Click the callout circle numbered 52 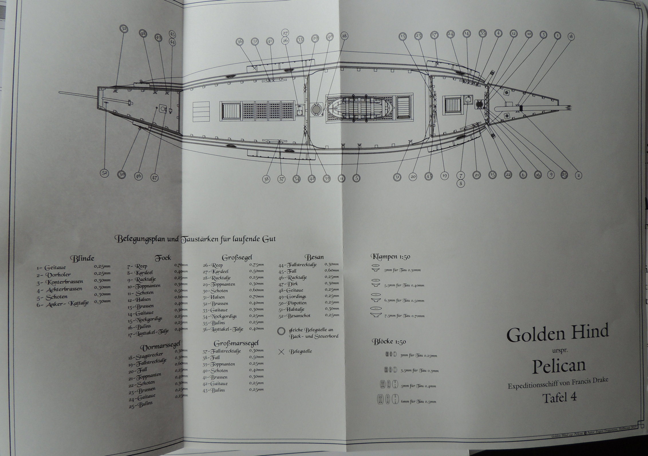(x=105, y=173)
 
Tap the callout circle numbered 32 (x=124, y=29)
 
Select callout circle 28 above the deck (x=344, y=36)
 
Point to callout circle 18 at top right (x=571, y=37)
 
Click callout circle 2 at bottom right (x=578, y=175)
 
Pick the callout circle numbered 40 (x=330, y=37)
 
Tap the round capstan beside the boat (x=316, y=109)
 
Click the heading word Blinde (x=82, y=259)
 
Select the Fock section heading (x=163, y=259)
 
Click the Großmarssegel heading (x=236, y=343)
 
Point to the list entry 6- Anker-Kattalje (x=63, y=304)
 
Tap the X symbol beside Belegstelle (x=281, y=352)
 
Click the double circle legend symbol (x=281, y=331)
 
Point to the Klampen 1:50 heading (x=391, y=257)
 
